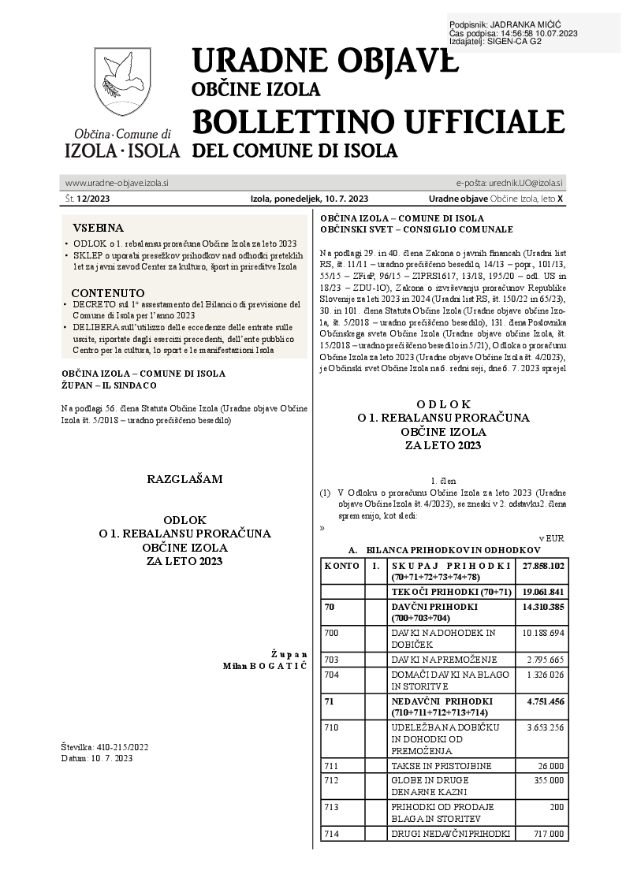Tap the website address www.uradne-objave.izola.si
coord(117,183)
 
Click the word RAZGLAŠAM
coord(185,479)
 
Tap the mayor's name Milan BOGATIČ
coord(265,666)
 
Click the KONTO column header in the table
coord(341,566)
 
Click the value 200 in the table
coord(557,806)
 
